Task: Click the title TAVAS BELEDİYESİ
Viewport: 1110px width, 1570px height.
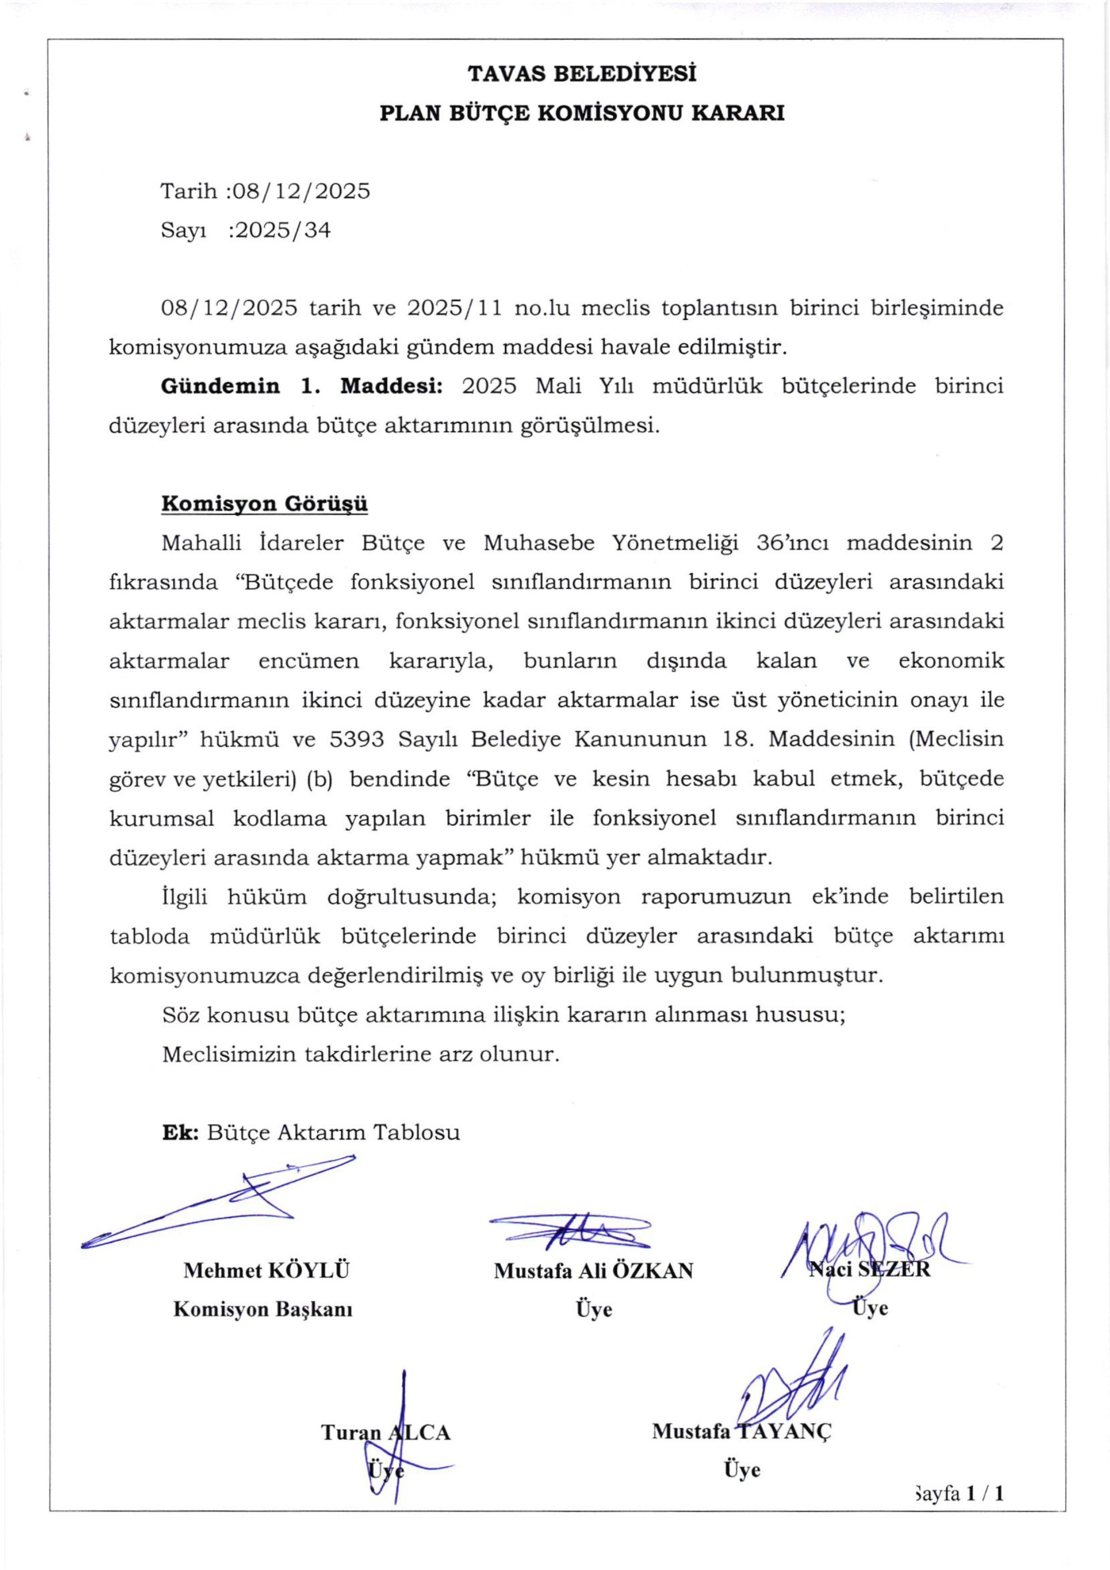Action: pyautogui.click(x=582, y=73)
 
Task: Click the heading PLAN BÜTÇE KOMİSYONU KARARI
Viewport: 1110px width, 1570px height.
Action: pyautogui.click(x=582, y=113)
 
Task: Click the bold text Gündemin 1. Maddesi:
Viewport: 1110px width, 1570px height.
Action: pyautogui.click(x=302, y=386)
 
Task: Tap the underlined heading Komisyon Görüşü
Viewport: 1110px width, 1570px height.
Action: pyautogui.click(x=265, y=504)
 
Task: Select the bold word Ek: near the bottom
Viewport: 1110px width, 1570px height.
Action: pyautogui.click(x=180, y=1132)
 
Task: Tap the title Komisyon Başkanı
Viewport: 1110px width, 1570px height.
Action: pyautogui.click(x=263, y=1310)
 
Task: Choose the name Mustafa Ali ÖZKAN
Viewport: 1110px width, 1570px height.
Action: pyautogui.click(x=593, y=1271)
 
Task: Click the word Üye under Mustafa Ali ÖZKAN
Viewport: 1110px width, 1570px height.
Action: pyautogui.click(x=593, y=1310)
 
